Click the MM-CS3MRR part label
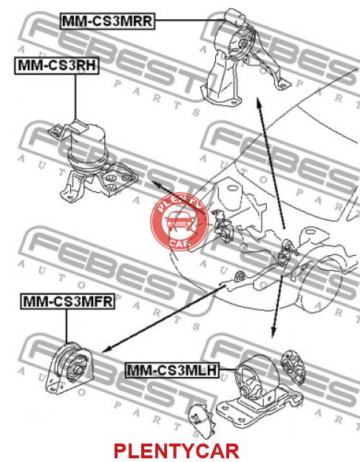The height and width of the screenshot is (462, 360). (107, 21)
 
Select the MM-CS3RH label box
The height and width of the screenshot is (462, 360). (57, 65)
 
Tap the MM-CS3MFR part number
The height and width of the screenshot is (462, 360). (67, 302)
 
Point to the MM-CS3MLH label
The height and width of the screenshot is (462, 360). (173, 370)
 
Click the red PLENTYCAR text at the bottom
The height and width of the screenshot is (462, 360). (176, 451)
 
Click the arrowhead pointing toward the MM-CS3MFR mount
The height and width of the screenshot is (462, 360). (106, 350)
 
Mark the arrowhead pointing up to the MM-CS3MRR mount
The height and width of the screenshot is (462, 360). (259, 103)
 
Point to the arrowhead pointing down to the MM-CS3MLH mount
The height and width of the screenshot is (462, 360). (273, 333)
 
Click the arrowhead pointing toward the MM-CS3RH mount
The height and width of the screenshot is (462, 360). (156, 184)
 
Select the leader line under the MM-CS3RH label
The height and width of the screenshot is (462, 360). (75, 96)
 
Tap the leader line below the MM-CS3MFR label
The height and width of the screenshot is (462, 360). (67, 326)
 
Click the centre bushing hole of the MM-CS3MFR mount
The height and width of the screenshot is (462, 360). (78, 369)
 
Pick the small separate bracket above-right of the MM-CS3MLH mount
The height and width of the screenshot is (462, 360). (292, 367)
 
